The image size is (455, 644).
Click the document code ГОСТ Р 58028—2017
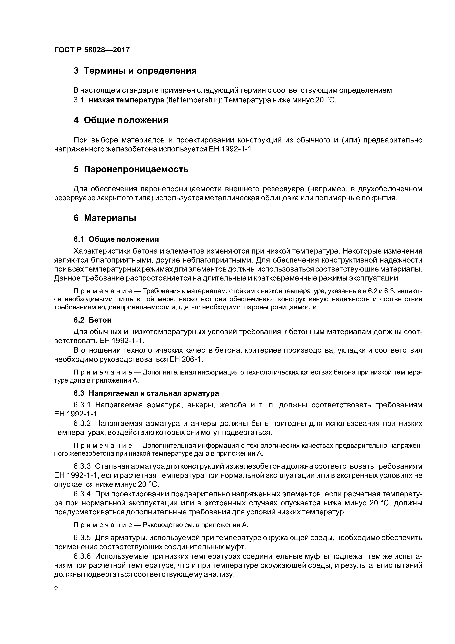point(92,50)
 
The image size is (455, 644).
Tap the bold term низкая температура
point(126,100)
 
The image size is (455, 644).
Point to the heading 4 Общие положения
point(121,120)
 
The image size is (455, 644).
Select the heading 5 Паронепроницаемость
point(131,169)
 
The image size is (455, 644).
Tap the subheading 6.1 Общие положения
point(116,239)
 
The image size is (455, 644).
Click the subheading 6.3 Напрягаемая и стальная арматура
point(146,394)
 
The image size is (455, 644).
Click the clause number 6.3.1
point(82,405)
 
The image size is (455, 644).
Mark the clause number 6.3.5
point(82,538)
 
